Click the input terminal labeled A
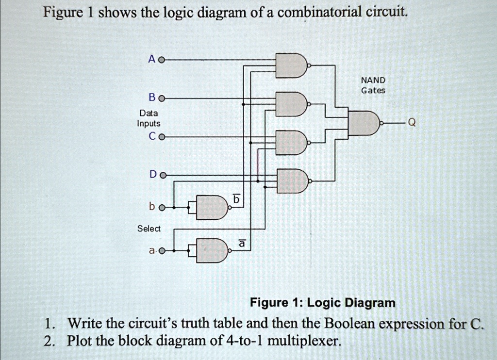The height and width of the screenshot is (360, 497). coord(162,61)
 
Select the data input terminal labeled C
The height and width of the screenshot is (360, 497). coord(162,137)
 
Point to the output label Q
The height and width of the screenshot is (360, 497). coord(412,123)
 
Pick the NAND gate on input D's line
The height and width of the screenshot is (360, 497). coord(291,181)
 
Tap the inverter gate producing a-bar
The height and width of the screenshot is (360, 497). coord(212,250)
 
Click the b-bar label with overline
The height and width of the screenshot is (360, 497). coord(236,199)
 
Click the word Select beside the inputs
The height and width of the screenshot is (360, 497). coord(149,229)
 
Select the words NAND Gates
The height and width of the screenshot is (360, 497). coord(373,85)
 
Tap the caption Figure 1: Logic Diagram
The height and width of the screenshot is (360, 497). coord(322,303)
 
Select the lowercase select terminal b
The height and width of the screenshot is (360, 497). coord(162,208)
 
